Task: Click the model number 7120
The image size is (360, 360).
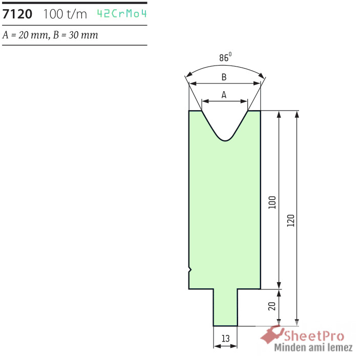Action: [17, 14]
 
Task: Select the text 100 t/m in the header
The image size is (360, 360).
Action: [65, 14]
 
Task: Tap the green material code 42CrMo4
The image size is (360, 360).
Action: [122, 13]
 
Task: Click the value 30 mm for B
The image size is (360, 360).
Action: [83, 35]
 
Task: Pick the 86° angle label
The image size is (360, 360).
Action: [225, 57]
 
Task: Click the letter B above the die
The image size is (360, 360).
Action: [224, 77]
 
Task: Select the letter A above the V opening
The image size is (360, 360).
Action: [224, 95]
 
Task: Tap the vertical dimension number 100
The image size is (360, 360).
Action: [272, 202]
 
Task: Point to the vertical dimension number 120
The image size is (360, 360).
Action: [291, 221]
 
